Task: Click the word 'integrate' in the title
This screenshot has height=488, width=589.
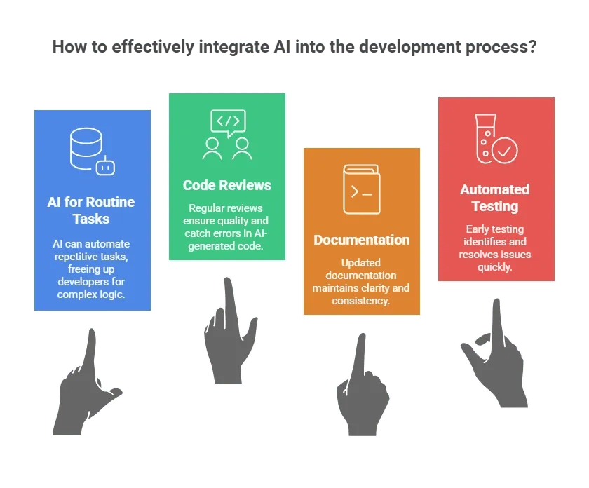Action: [x=233, y=48]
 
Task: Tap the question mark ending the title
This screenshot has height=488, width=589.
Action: [x=532, y=46]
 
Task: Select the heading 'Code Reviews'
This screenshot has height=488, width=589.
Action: [x=227, y=185]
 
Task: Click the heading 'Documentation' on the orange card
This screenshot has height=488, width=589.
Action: [x=361, y=240]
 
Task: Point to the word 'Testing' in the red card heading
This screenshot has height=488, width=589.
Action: [x=495, y=207]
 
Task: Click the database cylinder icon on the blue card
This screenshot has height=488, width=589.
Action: [x=86, y=149]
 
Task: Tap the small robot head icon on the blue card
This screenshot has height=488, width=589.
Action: [x=106, y=166]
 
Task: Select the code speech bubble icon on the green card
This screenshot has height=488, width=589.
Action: [x=229, y=123]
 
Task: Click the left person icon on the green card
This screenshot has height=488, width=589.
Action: [x=212, y=149]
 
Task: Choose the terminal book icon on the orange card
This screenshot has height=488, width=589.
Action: [x=361, y=189]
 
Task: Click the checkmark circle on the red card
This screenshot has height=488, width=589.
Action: [x=504, y=150]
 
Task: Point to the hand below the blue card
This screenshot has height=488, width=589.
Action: [x=87, y=386]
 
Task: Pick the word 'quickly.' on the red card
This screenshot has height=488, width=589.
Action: [x=495, y=267]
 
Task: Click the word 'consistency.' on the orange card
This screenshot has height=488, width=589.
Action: [x=360, y=301]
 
